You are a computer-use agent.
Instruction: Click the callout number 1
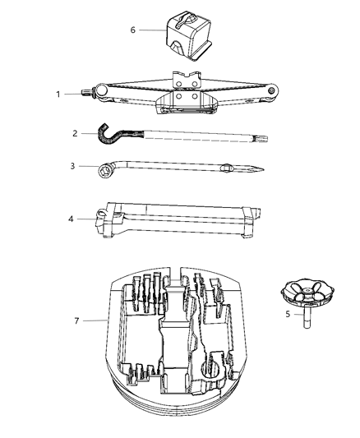(58, 94)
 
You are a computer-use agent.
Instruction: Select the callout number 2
(75, 132)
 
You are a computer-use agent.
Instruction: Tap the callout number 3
(72, 165)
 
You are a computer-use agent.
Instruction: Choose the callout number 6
(133, 30)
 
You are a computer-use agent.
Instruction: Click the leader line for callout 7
(93, 320)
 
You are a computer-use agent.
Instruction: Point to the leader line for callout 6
(153, 30)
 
